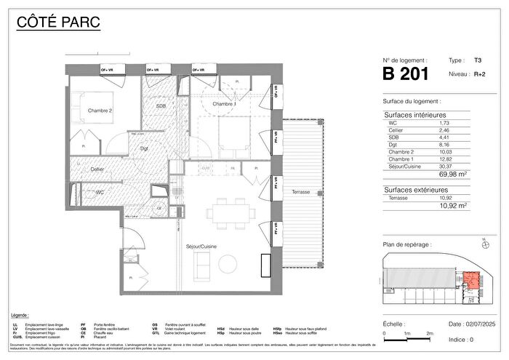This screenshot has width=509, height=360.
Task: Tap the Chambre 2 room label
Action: [x=100, y=111]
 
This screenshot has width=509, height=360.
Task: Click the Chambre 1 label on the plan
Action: [x=224, y=105]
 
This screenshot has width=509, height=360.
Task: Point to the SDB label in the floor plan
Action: [x=161, y=106]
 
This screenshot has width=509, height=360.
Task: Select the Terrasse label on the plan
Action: [x=299, y=192]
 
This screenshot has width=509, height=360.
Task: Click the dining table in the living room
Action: [x=229, y=212]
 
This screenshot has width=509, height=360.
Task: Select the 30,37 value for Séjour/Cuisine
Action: [x=444, y=165]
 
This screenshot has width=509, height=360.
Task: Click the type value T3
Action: [x=477, y=63]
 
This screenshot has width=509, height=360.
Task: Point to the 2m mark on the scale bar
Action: [x=429, y=332]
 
